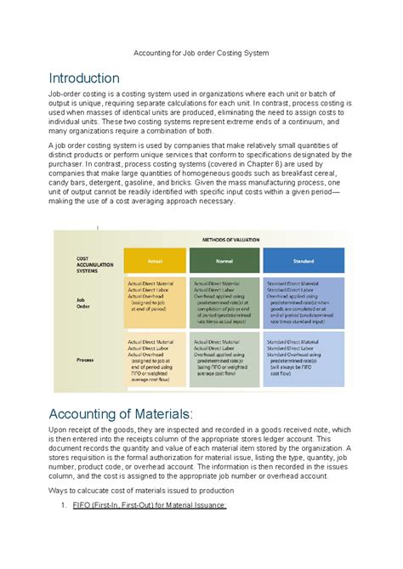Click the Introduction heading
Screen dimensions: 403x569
[x=83, y=78]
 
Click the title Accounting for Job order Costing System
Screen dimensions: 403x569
[x=201, y=53]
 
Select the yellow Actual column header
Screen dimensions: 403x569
[x=155, y=261]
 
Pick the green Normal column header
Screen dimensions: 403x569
[x=224, y=261]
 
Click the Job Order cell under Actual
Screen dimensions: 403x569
[x=155, y=303]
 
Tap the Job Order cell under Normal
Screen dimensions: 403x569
[x=224, y=303]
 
